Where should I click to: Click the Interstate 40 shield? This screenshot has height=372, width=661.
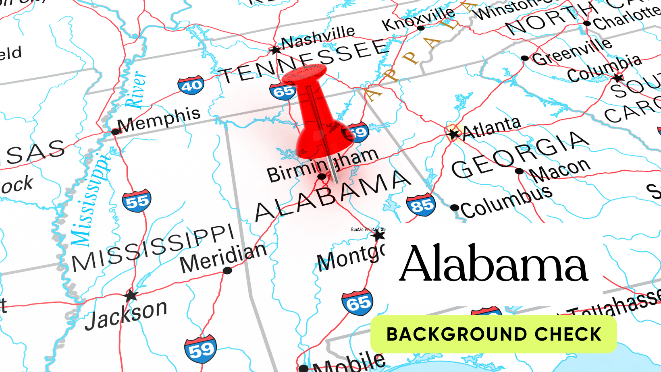tap(191, 85)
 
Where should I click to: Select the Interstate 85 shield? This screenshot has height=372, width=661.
tap(421, 205)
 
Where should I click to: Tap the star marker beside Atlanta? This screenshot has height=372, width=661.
tap(454, 134)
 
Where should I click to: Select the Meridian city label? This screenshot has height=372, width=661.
tap(223, 258)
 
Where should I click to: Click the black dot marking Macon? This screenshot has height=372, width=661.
tap(520, 171)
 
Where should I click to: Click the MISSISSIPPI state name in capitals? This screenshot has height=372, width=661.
tap(153, 248)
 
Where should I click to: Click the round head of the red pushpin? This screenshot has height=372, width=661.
tap(304, 74)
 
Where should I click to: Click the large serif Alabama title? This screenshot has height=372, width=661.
tap(494, 264)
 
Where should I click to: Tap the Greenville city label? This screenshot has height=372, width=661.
tap(572, 52)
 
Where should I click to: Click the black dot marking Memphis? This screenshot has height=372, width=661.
tap(115, 132)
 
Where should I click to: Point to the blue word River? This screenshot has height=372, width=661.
tap(135, 90)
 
